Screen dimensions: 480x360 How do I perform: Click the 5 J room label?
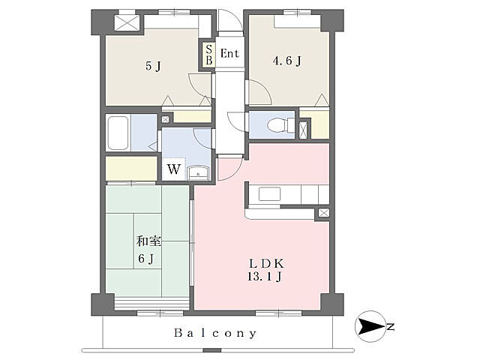[x=153, y=66]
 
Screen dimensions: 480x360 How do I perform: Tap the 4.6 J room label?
[x=286, y=61]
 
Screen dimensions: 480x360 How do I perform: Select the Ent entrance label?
[x=229, y=53]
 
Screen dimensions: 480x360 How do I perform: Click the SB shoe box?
[x=209, y=55]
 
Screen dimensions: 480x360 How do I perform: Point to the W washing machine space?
[x=173, y=169]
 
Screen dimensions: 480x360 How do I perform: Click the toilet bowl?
[x=280, y=125]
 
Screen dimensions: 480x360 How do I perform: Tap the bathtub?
[x=118, y=133]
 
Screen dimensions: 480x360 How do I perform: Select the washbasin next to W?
[x=198, y=173]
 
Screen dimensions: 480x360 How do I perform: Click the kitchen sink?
[x=269, y=193]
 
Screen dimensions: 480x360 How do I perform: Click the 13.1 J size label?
[x=265, y=277]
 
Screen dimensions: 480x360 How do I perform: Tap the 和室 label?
[x=148, y=241]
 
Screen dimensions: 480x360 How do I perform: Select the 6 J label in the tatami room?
[x=145, y=259]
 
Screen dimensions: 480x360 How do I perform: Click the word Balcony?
[x=215, y=333]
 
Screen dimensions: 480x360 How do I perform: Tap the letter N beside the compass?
[x=390, y=327]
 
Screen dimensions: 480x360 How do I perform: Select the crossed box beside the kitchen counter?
[x=323, y=213]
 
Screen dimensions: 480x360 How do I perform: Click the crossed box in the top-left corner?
[x=127, y=22]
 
